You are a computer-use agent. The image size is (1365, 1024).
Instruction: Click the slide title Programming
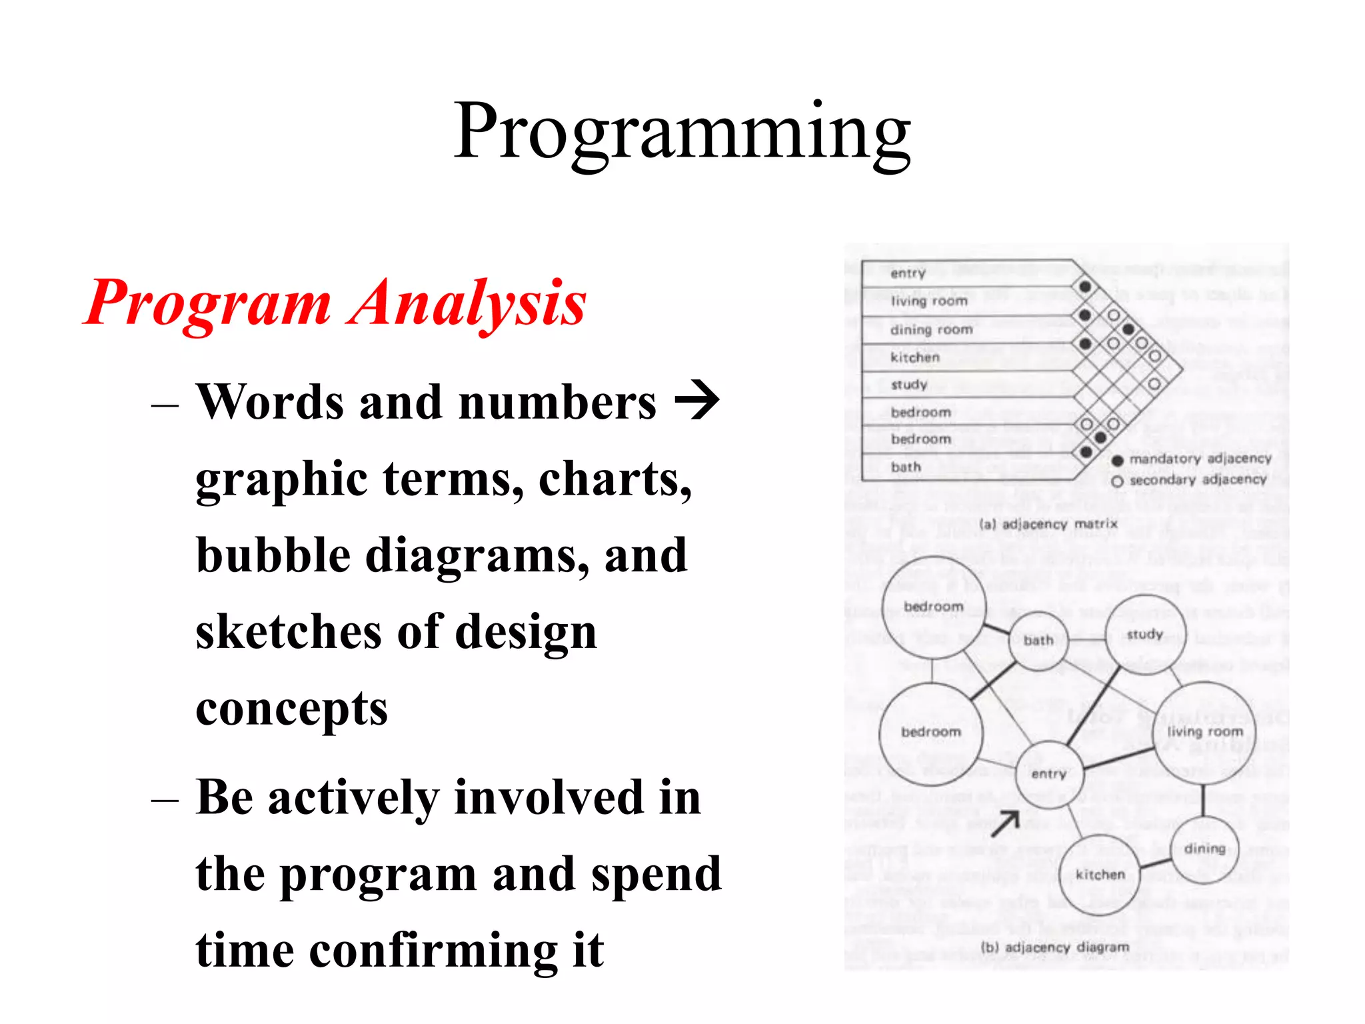click(682, 132)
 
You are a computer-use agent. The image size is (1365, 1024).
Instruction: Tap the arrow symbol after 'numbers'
click(697, 400)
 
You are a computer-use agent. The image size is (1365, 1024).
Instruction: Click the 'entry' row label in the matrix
click(908, 273)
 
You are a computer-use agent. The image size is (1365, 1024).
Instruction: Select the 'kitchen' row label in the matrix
click(915, 357)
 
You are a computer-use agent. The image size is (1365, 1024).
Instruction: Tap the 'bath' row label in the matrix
click(906, 467)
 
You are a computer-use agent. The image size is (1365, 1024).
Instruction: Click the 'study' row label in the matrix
click(909, 385)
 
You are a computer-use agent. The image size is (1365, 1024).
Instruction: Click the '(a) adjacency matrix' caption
click(1048, 524)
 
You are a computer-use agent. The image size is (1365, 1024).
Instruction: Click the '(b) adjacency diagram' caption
click(1055, 947)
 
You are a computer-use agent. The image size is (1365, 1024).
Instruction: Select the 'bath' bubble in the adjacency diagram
click(1038, 641)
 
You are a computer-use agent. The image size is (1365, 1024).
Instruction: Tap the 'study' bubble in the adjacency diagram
click(1145, 635)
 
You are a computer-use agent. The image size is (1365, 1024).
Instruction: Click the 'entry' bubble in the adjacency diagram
click(1048, 774)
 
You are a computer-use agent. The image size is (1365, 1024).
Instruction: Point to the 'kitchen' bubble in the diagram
click(1100, 874)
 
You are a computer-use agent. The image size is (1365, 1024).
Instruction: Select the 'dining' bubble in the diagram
click(1204, 849)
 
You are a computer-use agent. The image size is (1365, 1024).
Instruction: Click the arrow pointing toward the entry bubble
click(1006, 823)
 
